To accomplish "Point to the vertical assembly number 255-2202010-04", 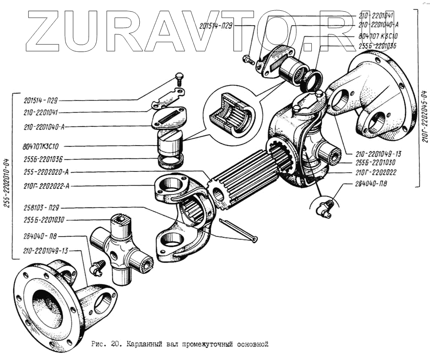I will tap(7, 176).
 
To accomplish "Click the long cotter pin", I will tap(238, 229).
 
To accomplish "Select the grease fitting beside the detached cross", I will tap(97, 267).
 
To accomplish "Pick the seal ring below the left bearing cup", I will tap(171, 161).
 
